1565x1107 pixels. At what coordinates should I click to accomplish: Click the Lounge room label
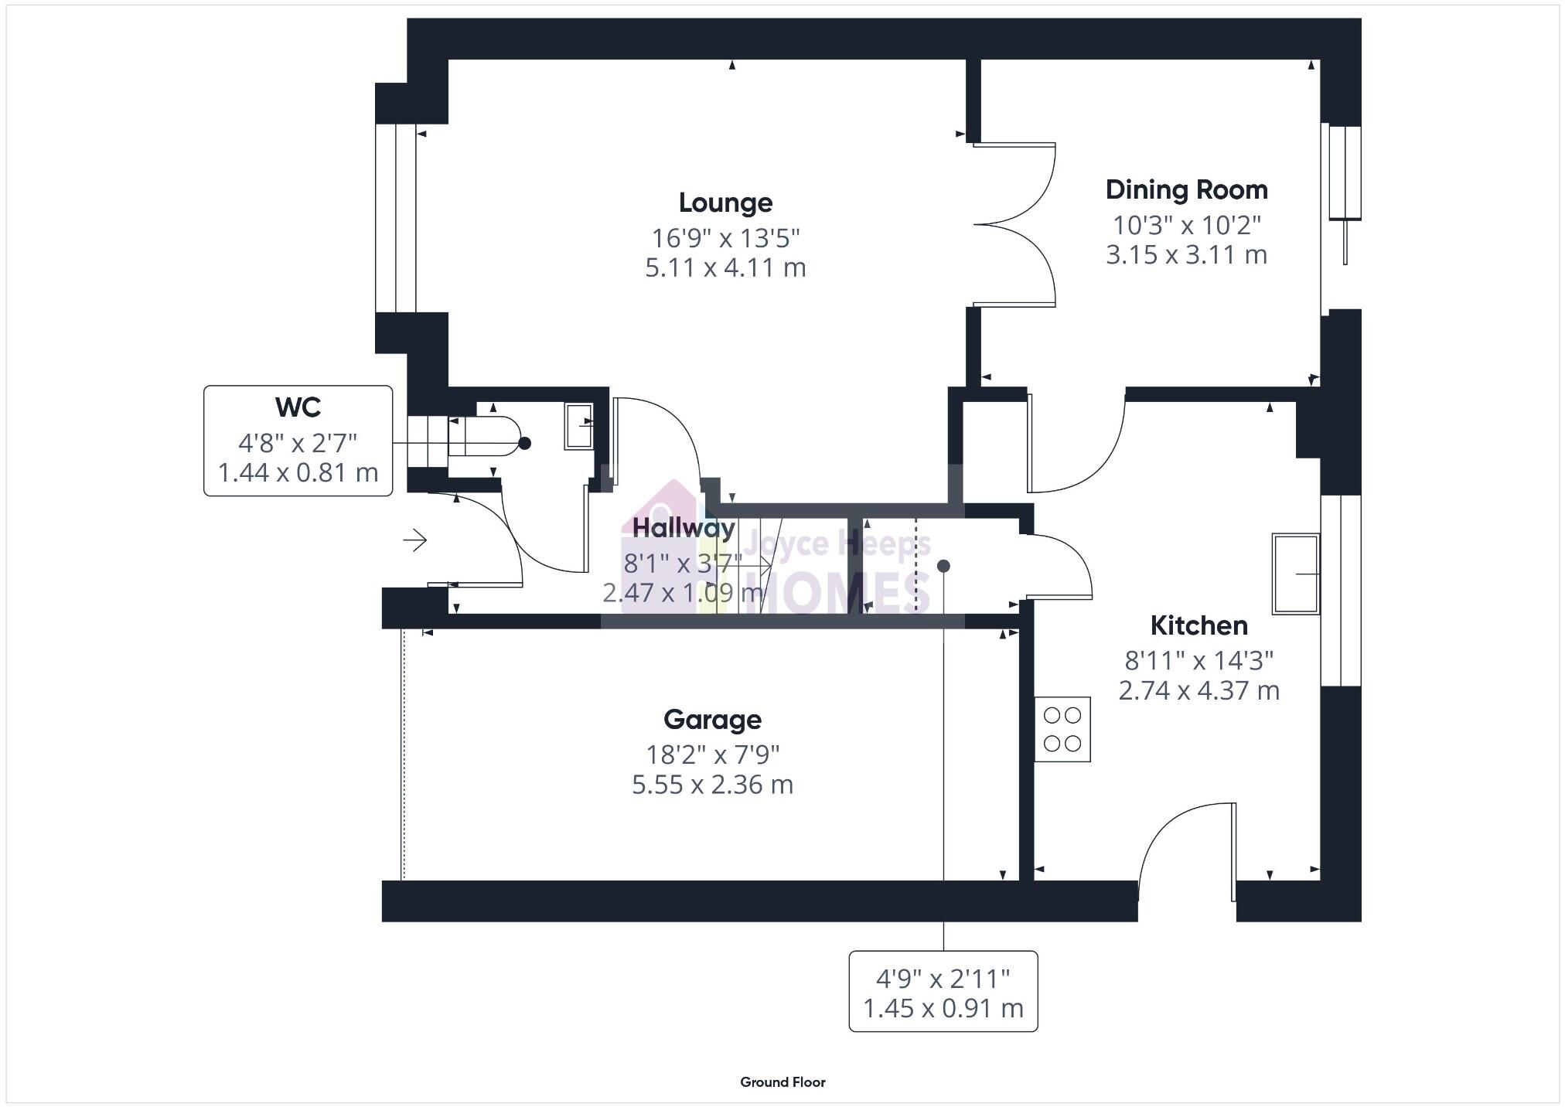click(725, 203)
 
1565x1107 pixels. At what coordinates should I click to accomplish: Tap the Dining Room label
click(1186, 189)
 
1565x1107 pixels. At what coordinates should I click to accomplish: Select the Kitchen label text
click(1198, 625)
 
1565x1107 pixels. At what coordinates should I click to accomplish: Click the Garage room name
click(712, 720)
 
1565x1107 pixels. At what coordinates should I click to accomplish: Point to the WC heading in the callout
click(298, 407)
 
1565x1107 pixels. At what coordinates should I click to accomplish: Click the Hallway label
click(684, 528)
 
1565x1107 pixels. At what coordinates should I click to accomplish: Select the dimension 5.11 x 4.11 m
click(725, 267)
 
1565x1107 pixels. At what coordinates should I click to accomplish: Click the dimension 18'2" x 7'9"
click(712, 754)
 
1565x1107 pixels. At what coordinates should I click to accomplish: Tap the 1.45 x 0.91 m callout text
click(943, 1008)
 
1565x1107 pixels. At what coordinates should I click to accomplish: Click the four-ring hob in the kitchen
click(1062, 730)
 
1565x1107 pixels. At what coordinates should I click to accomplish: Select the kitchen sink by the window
click(1295, 574)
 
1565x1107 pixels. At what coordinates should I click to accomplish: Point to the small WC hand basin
click(578, 425)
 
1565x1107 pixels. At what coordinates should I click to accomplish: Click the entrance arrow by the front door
click(415, 540)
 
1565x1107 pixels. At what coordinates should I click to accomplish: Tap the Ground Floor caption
click(782, 1082)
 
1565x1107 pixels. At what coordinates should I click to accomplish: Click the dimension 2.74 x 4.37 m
click(1198, 690)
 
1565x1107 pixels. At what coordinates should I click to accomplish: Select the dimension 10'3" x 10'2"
click(1186, 225)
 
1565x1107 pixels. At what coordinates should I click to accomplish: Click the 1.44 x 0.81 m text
click(298, 472)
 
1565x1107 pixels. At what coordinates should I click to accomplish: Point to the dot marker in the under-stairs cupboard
click(943, 566)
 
